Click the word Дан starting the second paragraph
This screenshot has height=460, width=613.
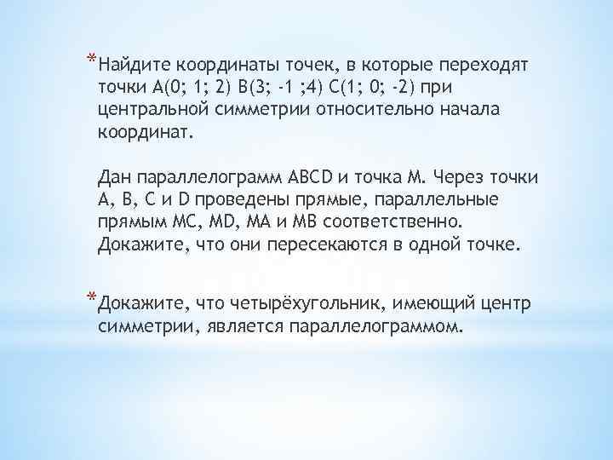tap(116, 177)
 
